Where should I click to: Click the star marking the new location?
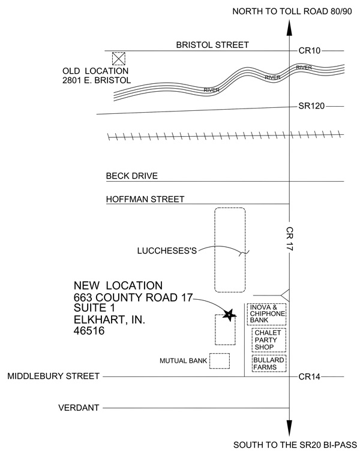(x=228, y=314)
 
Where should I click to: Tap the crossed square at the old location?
(x=119, y=58)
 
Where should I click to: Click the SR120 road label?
(x=311, y=106)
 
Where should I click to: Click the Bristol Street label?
(x=204, y=45)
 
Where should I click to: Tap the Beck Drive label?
(x=131, y=176)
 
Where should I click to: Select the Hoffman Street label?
(x=145, y=199)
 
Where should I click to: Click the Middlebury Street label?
(x=52, y=376)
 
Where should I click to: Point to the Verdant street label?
(x=79, y=408)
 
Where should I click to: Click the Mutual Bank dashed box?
(x=220, y=360)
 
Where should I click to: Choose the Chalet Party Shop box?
(x=269, y=339)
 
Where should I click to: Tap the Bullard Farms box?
(x=269, y=363)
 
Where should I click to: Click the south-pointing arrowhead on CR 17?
(x=290, y=430)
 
